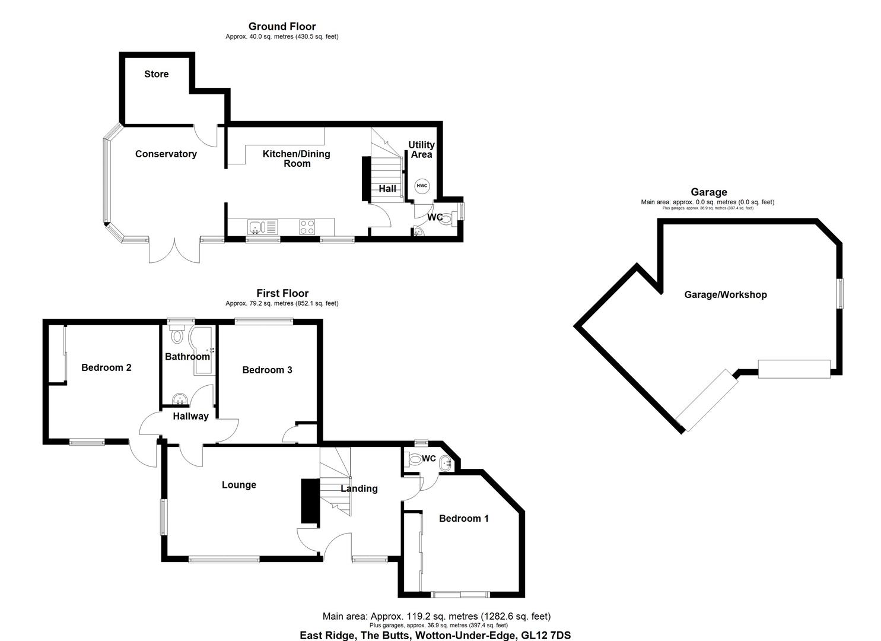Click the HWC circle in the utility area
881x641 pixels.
[x=421, y=186]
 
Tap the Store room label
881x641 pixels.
[x=157, y=74]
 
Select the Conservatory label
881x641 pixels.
[x=166, y=154]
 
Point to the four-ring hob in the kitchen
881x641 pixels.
[x=307, y=227]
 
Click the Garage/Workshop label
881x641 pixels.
[x=725, y=294]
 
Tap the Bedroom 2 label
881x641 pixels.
[x=106, y=367]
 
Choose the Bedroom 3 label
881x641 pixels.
[x=267, y=370]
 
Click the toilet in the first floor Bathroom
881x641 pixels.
[x=177, y=337]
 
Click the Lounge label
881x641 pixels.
[x=238, y=485]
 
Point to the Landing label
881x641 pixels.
[x=359, y=488]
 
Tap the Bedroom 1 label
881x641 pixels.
[x=463, y=518]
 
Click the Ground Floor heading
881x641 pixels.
[x=282, y=26]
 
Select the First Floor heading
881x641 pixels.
[x=282, y=293]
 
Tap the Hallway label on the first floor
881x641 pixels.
[x=190, y=416]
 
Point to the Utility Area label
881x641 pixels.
[x=421, y=150]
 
